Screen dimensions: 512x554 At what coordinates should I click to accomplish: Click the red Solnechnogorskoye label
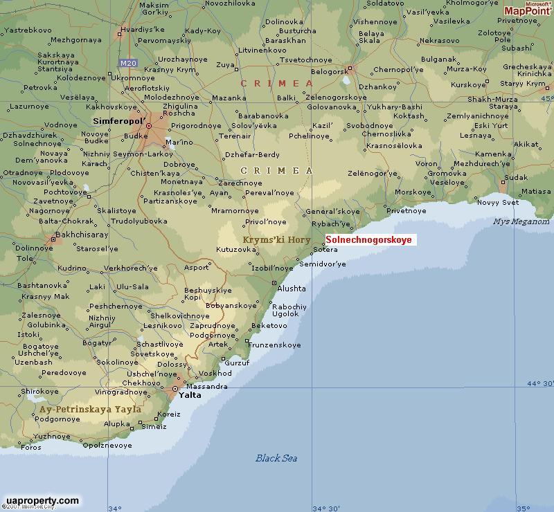[368, 240]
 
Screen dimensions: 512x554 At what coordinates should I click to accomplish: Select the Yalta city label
[190, 395]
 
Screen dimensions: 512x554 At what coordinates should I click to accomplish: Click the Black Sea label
[276, 458]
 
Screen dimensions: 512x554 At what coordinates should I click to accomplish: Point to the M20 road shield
[128, 63]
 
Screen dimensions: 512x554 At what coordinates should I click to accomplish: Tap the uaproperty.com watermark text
[42, 500]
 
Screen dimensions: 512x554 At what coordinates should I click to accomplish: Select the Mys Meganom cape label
[521, 221]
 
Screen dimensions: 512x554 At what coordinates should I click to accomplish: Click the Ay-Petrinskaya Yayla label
[91, 409]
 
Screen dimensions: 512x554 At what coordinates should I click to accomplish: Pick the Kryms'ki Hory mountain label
[276, 240]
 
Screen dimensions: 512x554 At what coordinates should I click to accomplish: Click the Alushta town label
[291, 289]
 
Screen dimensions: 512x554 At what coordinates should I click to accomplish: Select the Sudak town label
[516, 177]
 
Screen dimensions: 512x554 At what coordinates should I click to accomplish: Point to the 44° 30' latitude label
[540, 383]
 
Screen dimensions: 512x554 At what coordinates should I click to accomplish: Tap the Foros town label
[31, 447]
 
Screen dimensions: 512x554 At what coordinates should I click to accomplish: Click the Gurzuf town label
[237, 363]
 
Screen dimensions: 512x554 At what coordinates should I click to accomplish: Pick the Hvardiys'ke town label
[142, 30]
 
